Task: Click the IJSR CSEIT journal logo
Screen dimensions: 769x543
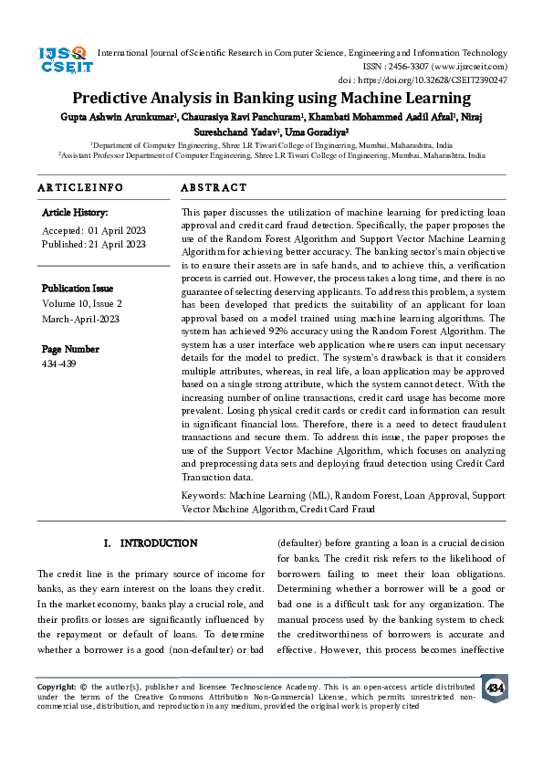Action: (x=63, y=62)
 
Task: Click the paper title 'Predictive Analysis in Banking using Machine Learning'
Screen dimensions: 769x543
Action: (x=270, y=99)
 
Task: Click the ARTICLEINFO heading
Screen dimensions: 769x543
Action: (x=79, y=187)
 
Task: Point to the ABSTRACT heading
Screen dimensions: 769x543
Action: (x=214, y=187)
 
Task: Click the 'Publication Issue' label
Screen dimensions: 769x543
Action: (x=78, y=288)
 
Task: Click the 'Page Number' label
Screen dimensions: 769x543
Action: (x=69, y=349)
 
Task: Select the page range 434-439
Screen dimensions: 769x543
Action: (x=58, y=364)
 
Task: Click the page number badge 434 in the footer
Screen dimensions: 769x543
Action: (x=495, y=688)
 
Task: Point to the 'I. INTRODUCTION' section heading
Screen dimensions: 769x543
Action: (x=150, y=543)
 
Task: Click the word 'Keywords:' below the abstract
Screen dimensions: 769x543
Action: (x=204, y=495)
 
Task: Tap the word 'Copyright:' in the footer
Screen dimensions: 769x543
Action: (x=56, y=685)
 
